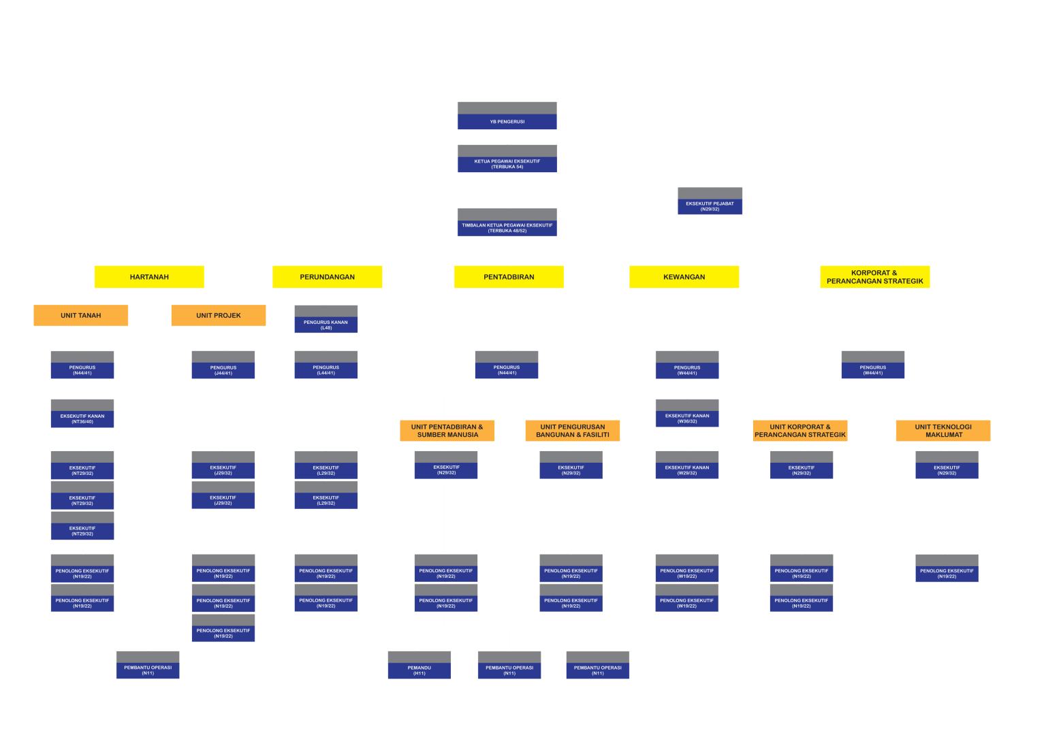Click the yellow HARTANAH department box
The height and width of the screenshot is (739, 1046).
click(x=149, y=277)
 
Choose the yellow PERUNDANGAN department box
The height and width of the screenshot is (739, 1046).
click(x=327, y=277)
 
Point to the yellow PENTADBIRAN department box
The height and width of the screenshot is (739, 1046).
click(x=509, y=277)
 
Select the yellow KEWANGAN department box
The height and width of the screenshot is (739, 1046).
click(x=684, y=277)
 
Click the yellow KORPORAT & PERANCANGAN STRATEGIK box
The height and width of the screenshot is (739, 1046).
click(x=874, y=277)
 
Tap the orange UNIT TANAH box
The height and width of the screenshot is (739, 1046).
click(x=80, y=315)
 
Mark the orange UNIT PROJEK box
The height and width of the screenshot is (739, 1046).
click(x=218, y=315)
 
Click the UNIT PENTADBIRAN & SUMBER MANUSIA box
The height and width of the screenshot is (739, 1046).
click(x=447, y=431)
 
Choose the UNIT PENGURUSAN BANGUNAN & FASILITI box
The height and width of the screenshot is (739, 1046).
click(x=572, y=431)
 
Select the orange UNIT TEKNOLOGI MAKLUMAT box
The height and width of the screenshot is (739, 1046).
click(x=942, y=431)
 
